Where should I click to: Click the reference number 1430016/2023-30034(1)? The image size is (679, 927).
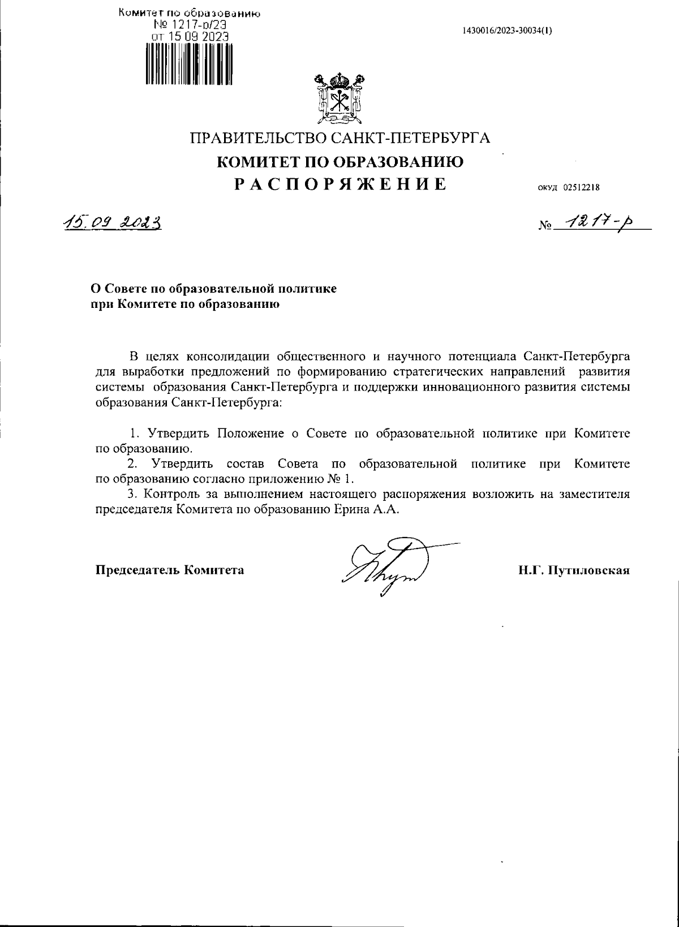(507, 31)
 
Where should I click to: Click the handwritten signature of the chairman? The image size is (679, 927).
(390, 567)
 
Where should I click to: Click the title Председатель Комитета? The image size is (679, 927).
(170, 570)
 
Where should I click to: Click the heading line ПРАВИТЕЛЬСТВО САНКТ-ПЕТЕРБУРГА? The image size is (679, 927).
(340, 138)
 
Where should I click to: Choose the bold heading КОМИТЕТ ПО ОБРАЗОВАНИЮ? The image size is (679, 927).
(341, 162)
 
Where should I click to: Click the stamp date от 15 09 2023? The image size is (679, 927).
(189, 36)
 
